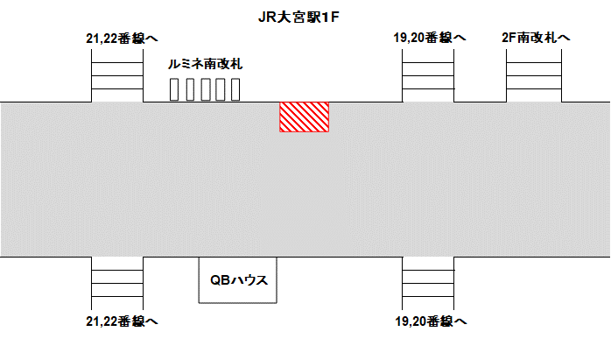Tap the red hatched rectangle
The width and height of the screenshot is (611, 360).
pos(304,116)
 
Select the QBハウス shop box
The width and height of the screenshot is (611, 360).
pos(238,280)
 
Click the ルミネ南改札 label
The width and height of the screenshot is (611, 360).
pos(205,64)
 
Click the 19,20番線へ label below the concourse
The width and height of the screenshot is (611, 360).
pos(430,321)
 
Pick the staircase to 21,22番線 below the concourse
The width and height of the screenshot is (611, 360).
pos(117,284)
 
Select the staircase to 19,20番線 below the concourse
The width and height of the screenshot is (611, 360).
pos(428,284)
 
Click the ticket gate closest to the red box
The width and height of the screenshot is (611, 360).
pos(235,89)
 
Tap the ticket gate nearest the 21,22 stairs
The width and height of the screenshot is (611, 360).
pos(173,89)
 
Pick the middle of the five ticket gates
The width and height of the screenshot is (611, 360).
pos(204,89)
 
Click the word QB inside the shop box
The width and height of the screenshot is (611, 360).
pos(219,280)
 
